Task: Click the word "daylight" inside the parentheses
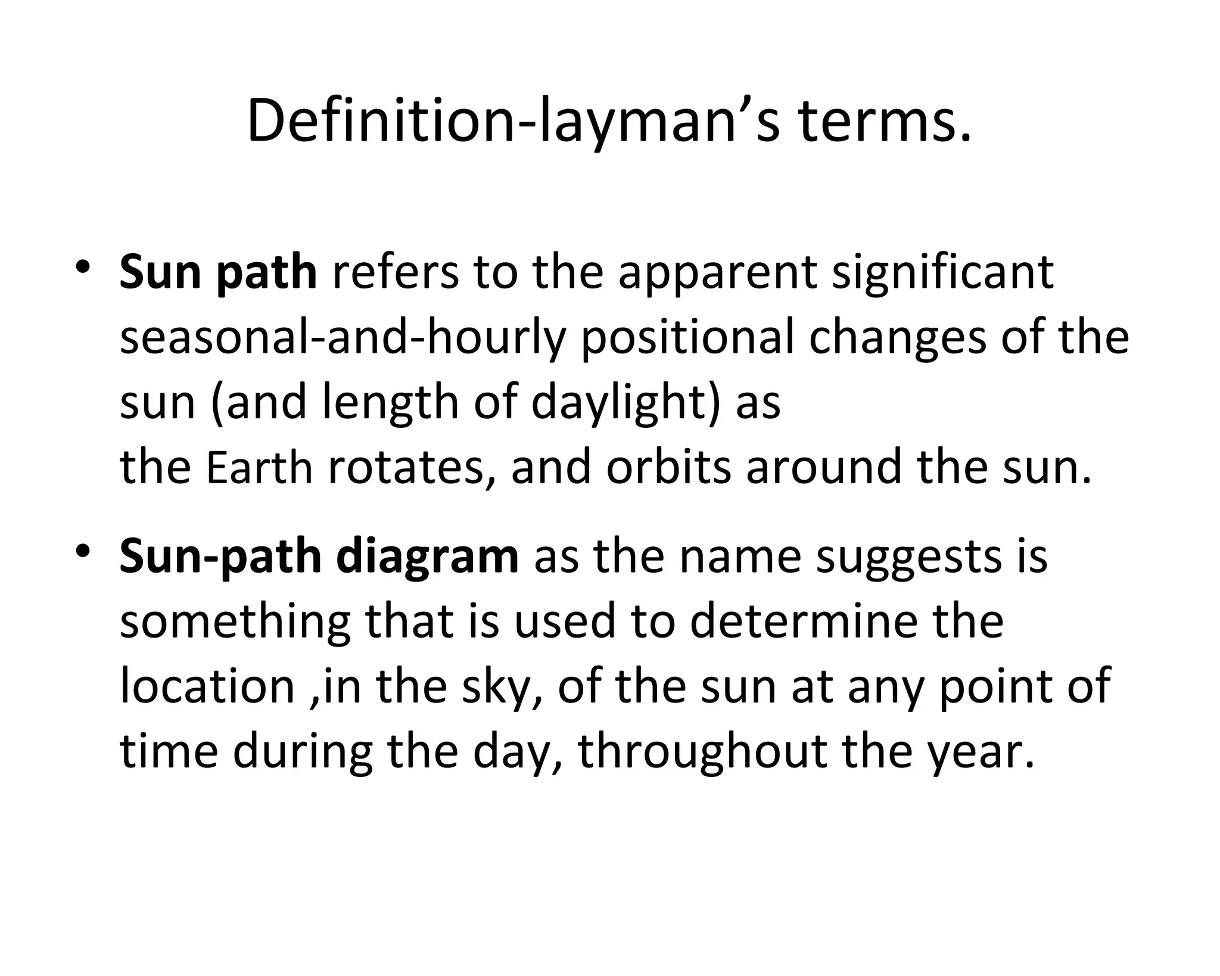tap(617, 403)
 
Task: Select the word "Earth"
tap(259, 468)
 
